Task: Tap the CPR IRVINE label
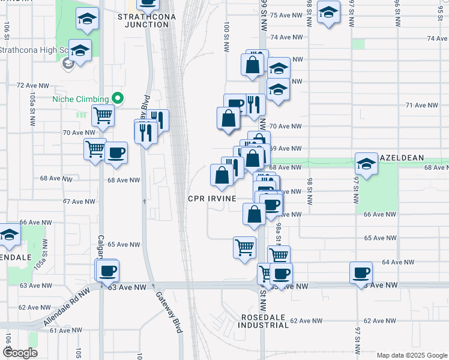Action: click(211, 198)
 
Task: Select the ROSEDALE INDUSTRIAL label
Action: click(264, 321)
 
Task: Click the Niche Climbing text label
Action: click(80, 99)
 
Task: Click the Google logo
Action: click(20, 353)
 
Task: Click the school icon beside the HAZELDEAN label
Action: click(366, 163)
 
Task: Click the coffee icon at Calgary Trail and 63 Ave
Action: click(108, 271)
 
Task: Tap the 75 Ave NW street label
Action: click(286, 16)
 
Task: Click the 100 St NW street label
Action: click(226, 37)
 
